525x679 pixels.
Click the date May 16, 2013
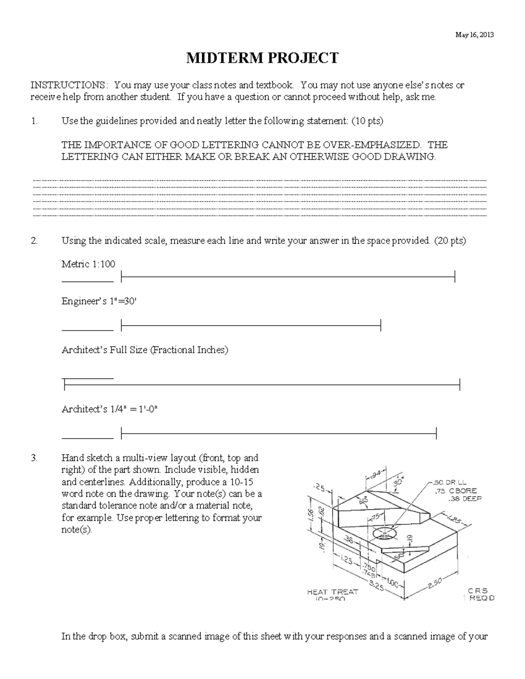[x=474, y=35]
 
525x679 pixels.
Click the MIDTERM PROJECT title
[x=262, y=58]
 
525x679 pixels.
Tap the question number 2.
[x=34, y=240]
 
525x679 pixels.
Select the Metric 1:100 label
[x=88, y=264]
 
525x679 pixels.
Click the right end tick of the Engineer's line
[x=381, y=325]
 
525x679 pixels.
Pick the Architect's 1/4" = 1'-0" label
[x=109, y=409]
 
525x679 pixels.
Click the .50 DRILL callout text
[x=449, y=483]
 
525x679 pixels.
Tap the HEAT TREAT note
[x=332, y=592]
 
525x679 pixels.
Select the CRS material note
[x=477, y=591]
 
